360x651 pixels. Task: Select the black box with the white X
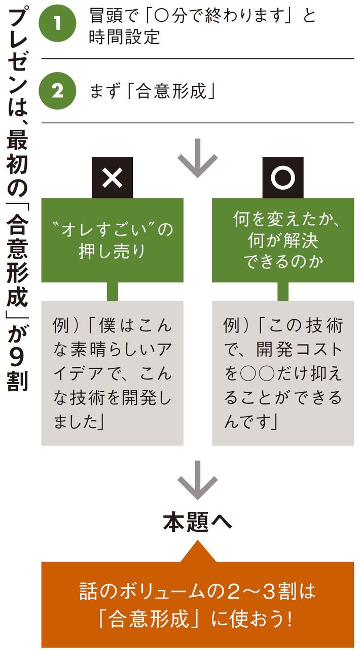pyautogui.click(x=112, y=178)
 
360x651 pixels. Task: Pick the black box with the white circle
pyautogui.click(x=282, y=178)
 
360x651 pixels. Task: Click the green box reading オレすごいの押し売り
pyautogui.click(x=112, y=240)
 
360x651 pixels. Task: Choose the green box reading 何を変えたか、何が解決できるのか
pyautogui.click(x=282, y=240)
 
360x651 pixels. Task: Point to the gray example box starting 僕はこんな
pyautogui.click(x=112, y=372)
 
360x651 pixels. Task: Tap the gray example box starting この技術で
pyautogui.click(x=282, y=372)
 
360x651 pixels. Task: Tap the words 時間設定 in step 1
pyautogui.click(x=124, y=38)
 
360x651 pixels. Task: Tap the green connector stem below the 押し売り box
pyautogui.click(x=112, y=291)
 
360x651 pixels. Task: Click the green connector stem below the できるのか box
pyautogui.click(x=282, y=291)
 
